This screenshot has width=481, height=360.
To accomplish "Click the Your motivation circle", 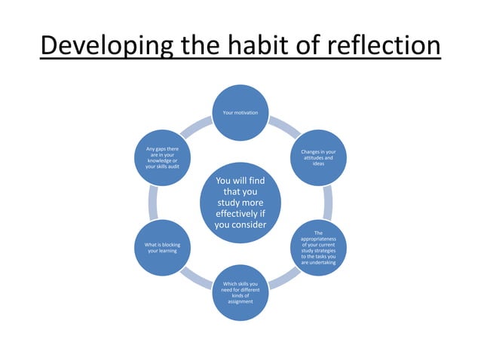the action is click(x=240, y=113).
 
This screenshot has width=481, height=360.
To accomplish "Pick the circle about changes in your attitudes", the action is click(x=318, y=157).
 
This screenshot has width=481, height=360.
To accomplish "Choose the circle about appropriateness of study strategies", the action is click(x=318, y=248).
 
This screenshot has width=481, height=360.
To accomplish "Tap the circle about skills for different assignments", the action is click(x=240, y=293).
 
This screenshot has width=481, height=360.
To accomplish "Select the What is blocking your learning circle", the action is click(x=162, y=248).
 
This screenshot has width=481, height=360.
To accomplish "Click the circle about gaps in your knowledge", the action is click(x=162, y=157).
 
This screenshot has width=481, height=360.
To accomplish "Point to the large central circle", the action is click(x=240, y=202).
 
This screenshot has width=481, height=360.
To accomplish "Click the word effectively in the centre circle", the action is click(x=240, y=213).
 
